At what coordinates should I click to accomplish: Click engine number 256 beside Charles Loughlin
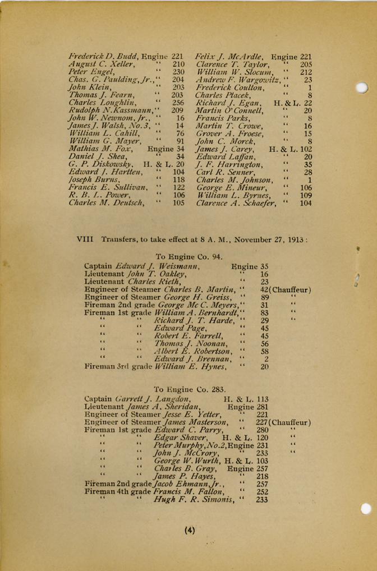click(178, 103)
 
